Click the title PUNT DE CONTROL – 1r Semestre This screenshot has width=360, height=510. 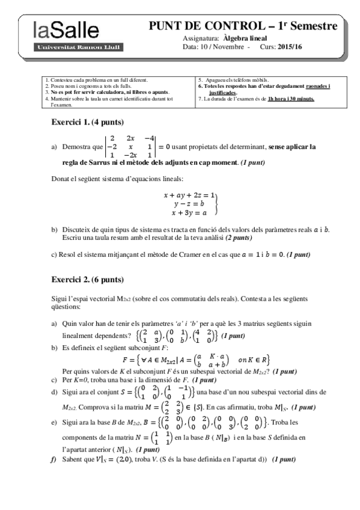(243, 26)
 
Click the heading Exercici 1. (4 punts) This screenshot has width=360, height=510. (87, 122)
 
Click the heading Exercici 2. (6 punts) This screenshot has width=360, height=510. (88, 280)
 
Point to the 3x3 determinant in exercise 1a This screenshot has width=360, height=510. (130, 146)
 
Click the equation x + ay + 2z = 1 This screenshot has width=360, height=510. (189, 195)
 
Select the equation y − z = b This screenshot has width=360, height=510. (189, 204)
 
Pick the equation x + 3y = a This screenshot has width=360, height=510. (189, 212)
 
